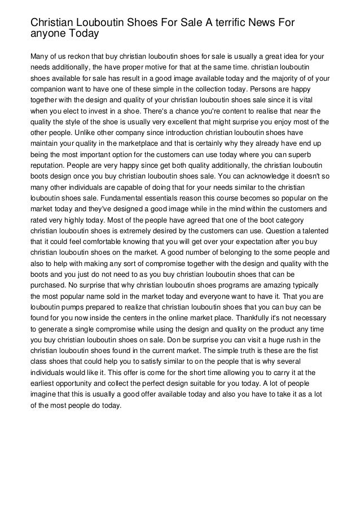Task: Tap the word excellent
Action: point(187,123)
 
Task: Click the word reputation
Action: point(48,167)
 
